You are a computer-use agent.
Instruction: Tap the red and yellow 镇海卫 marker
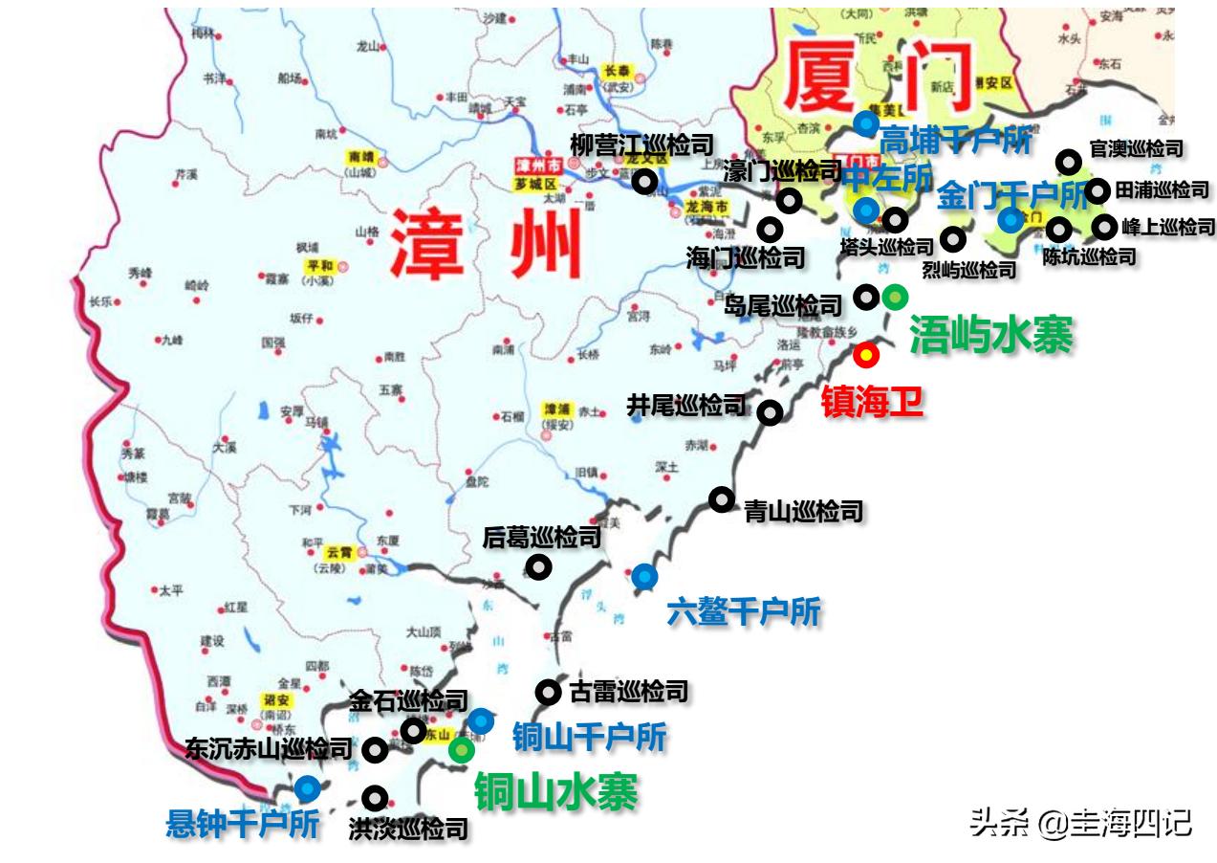tap(865, 356)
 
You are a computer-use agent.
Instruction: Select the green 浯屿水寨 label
tap(990, 335)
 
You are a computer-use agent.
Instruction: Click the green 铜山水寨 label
tap(556, 791)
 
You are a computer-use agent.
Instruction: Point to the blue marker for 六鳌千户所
tap(644, 576)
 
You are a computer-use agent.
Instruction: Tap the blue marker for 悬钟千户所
tap(307, 788)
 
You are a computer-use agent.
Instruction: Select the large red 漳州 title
tap(488, 244)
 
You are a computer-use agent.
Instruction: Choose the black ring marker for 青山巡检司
tap(721, 499)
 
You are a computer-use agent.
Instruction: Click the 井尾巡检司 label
tap(685, 406)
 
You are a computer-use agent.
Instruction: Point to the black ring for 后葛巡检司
tap(539, 567)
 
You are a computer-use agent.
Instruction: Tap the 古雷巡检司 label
tap(627, 691)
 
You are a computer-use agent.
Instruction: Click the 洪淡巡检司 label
tap(408, 829)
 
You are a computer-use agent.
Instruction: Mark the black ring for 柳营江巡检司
tap(646, 180)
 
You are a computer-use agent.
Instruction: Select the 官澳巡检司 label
tap(1136, 149)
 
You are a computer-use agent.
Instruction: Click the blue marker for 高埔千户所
tap(866, 122)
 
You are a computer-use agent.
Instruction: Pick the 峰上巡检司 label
tap(1167, 228)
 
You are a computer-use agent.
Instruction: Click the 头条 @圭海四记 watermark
tap(1080, 822)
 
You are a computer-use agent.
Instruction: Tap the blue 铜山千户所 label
tap(589, 737)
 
